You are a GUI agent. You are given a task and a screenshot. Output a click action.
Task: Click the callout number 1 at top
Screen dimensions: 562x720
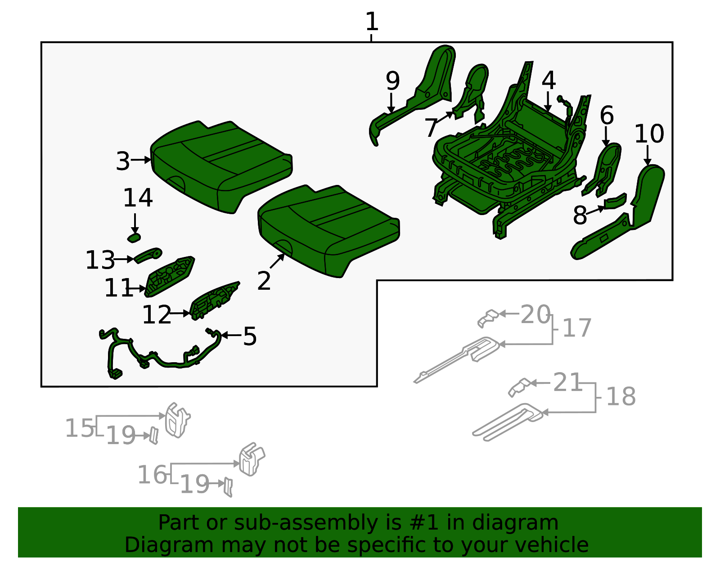click(372, 22)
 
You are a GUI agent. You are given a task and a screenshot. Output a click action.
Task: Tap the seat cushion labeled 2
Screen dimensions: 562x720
click(328, 229)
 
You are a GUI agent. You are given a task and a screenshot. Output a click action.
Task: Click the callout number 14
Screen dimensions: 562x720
click(138, 198)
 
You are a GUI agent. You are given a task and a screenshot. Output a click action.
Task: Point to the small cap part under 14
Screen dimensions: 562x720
click(134, 237)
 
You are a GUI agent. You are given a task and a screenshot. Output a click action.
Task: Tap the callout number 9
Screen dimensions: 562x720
click(392, 81)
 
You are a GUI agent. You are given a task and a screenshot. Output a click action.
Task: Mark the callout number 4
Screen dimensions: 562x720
click(549, 81)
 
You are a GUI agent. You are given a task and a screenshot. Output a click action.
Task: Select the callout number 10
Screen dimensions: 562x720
click(649, 134)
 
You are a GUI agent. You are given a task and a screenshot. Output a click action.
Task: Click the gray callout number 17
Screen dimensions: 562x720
click(576, 328)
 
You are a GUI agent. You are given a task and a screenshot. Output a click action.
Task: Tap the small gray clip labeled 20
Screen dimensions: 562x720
click(488, 318)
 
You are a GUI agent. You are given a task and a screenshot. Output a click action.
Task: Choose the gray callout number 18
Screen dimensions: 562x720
click(621, 396)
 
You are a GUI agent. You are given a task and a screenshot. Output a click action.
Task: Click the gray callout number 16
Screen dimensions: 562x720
click(152, 475)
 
